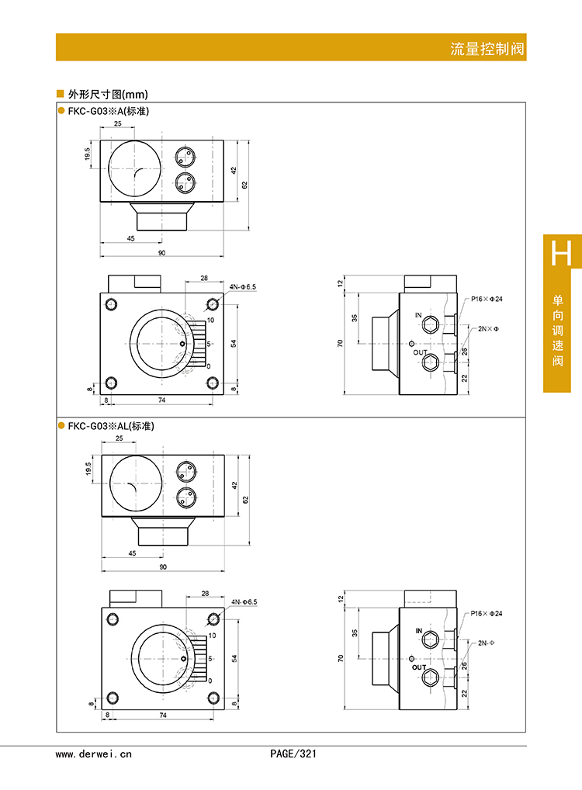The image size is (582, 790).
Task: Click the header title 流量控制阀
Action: click(487, 49)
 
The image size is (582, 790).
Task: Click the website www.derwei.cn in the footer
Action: click(94, 754)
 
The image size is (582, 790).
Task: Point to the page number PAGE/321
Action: click(293, 754)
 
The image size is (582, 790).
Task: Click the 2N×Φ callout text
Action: click(487, 329)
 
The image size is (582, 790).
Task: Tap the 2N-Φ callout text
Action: click(487, 643)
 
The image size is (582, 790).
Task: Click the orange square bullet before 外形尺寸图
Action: click(61, 94)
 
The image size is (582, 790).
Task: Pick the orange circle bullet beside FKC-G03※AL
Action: click(61, 426)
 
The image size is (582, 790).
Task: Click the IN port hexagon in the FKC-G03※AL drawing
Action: click(432, 641)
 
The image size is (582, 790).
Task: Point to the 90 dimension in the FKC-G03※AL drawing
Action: click(163, 567)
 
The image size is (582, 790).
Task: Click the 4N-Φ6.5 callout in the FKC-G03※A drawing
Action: click(242, 287)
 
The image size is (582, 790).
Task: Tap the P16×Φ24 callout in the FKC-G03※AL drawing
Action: click(487, 614)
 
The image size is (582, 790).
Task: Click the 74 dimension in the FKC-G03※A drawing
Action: click(162, 399)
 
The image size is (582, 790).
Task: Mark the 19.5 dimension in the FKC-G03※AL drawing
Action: click(89, 469)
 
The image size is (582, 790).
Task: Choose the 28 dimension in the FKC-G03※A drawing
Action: click(204, 278)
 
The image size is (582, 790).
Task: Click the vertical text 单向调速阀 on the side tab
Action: click(557, 331)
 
